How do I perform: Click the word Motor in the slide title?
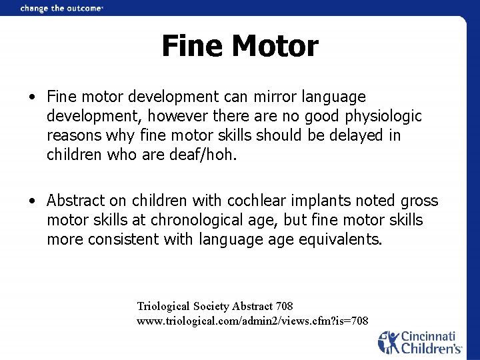(276, 47)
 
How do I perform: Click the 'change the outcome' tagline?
(62, 9)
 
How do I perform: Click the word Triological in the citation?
(164, 306)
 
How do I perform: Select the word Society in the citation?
(211, 306)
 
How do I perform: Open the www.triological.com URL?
(252, 321)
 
